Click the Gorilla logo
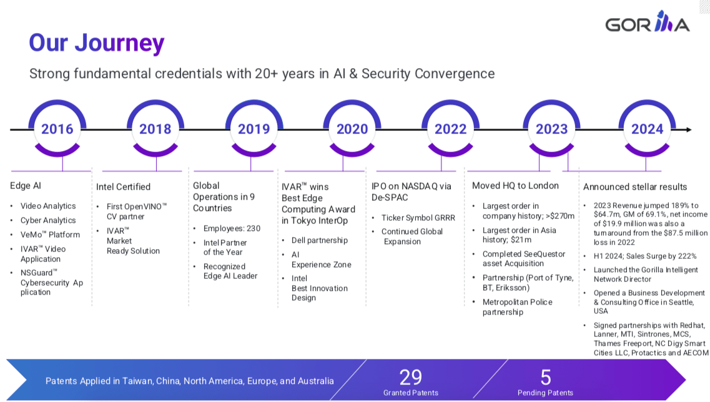pos(647,24)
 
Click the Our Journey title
pos(97,43)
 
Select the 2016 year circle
pos(57,129)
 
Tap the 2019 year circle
pos(254,129)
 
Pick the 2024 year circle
pos(647,129)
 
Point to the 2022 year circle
pos(450,129)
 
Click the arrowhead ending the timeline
pos(688,130)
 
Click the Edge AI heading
pos(26,185)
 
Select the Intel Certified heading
pos(123,187)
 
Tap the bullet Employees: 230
pos(232,228)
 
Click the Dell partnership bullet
pos(320,240)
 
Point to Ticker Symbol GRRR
pos(418,218)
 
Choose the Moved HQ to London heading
pos(515,185)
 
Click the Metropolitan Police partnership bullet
pos(517,307)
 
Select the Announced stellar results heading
pos(634,187)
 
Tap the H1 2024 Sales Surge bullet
pos(645,256)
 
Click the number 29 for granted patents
pos(410,377)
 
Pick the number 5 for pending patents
pos(545,377)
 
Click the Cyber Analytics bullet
pos(48,220)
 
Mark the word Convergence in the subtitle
pos(453,74)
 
